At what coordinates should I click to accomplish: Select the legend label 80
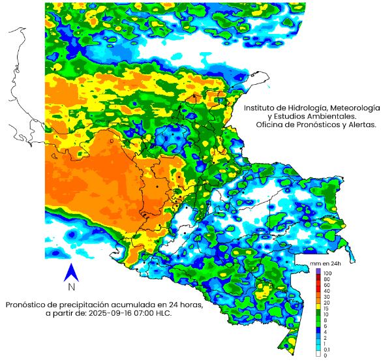(x=326, y=279)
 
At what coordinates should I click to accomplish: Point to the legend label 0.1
(x=326, y=349)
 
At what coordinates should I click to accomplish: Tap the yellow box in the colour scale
(x=318, y=305)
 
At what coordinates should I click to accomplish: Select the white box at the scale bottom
(x=318, y=355)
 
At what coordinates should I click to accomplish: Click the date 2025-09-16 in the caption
(x=119, y=314)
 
